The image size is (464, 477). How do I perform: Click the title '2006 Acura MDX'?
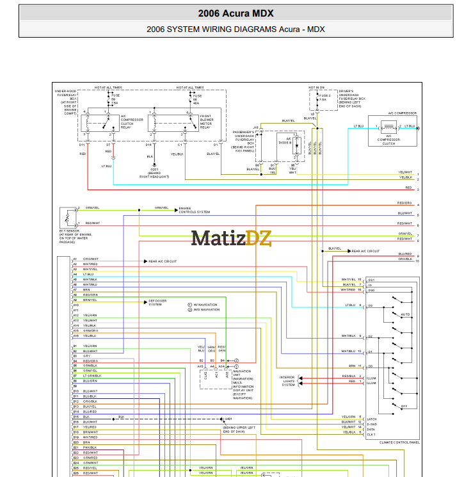pos(236,13)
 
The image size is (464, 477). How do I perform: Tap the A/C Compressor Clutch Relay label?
pos(132,122)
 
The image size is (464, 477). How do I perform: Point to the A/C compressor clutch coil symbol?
pos(388,127)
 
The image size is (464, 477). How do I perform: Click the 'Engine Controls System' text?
pos(194,210)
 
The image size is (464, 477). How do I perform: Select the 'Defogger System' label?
pos(156,302)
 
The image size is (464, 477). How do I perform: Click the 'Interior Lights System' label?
pos(289,381)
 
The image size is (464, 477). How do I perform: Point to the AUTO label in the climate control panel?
pos(404,314)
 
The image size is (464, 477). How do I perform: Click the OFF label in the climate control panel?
pos(404,406)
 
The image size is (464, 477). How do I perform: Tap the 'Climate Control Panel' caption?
pos(399,442)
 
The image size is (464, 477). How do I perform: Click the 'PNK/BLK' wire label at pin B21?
pos(90,448)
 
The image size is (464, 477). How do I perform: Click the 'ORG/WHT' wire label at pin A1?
pos(90,259)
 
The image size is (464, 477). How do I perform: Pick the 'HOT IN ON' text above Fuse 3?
pos(316,87)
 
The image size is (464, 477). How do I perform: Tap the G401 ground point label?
pos(228,418)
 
